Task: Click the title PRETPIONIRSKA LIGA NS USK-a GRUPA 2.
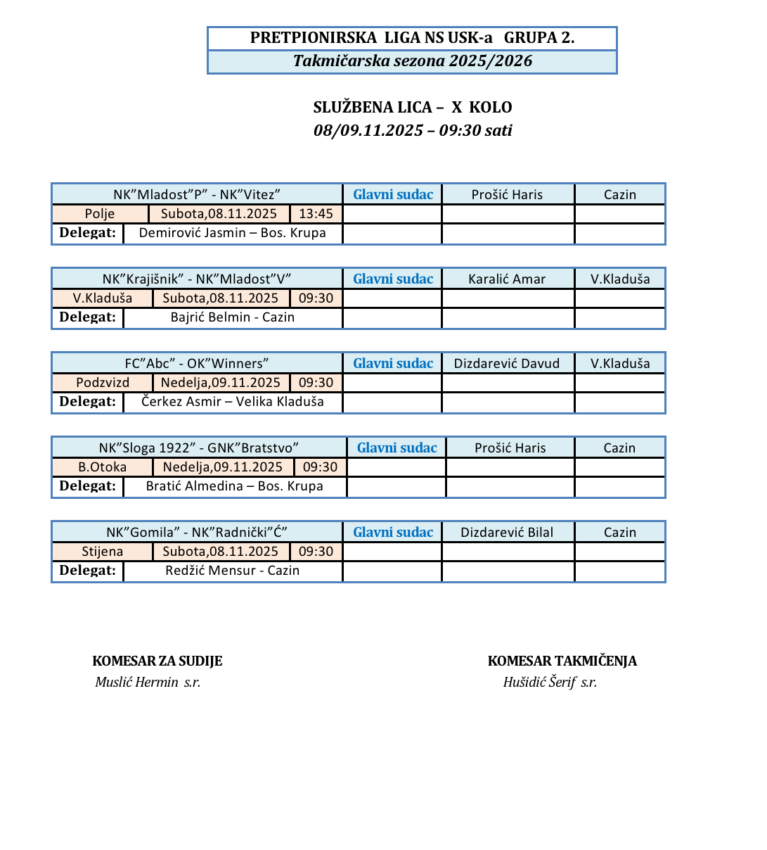(x=412, y=38)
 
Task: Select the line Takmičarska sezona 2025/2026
(x=412, y=61)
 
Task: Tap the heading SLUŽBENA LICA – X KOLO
(x=412, y=108)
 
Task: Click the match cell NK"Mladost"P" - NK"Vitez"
(x=197, y=195)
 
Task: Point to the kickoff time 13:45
(x=316, y=214)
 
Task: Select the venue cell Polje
(x=100, y=214)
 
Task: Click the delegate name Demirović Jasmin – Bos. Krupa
(x=232, y=233)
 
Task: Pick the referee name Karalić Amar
(x=507, y=279)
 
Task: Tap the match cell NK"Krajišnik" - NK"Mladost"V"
(x=197, y=279)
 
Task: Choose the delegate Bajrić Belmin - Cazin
(x=232, y=317)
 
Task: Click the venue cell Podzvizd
(x=103, y=383)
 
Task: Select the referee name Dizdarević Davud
(x=507, y=364)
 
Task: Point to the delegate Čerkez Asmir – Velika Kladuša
(x=232, y=402)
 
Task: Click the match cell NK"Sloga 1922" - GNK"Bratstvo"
(x=199, y=448)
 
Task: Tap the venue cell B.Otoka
(x=103, y=467)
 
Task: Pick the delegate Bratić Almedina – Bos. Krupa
(x=234, y=486)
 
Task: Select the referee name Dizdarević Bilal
(x=507, y=533)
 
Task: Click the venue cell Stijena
(x=103, y=552)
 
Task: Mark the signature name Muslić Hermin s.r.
(x=148, y=682)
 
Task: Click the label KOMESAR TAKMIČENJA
(x=562, y=661)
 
